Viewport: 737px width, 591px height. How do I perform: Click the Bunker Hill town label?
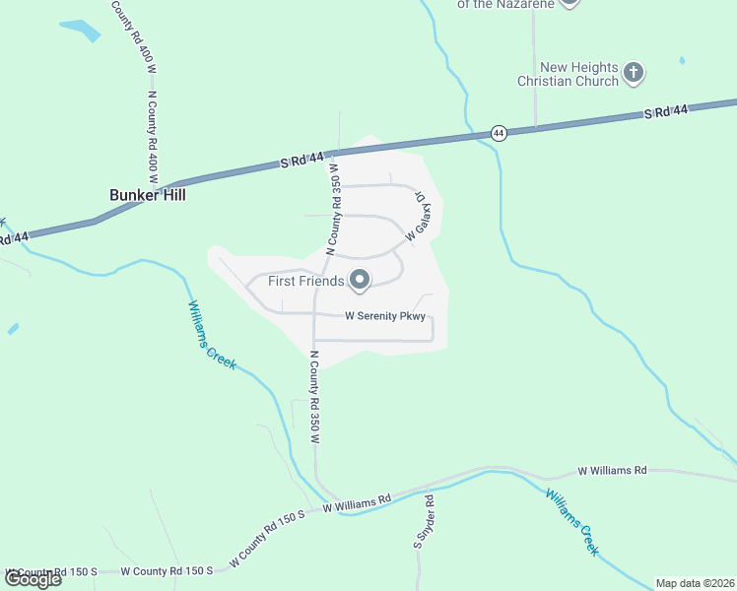point(148,195)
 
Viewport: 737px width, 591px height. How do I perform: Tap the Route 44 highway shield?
point(500,133)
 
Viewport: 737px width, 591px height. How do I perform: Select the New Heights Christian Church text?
point(569,74)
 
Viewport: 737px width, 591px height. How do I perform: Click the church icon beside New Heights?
point(634,73)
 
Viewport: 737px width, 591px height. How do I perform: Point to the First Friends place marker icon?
point(360,282)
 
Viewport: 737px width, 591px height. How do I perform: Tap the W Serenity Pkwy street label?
point(385,316)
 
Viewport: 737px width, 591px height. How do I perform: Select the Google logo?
point(33,579)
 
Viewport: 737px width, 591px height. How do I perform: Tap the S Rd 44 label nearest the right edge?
point(666,112)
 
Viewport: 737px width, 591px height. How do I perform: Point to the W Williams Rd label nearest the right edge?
point(612,472)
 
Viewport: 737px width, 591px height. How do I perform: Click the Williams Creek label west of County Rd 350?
point(212,335)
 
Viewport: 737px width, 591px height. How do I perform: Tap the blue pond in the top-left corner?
point(81,30)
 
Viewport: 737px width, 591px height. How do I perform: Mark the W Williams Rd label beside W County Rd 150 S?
point(357,503)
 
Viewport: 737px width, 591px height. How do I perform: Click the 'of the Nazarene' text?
point(503,4)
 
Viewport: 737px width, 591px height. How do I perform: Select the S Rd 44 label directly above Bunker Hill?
point(301,160)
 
